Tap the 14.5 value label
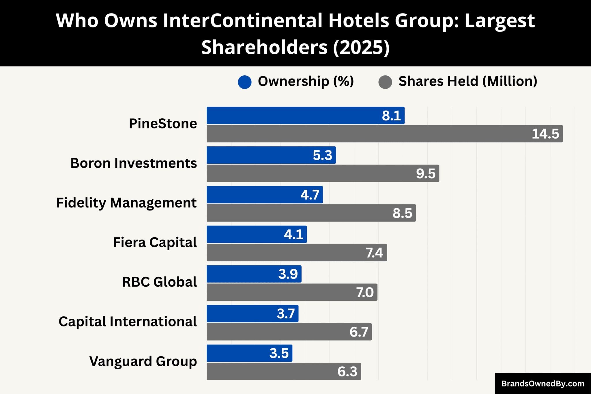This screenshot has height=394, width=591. point(545,134)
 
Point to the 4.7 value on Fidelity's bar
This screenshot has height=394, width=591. point(310,195)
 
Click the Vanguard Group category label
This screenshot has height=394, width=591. point(143,361)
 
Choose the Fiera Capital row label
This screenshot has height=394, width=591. point(155,242)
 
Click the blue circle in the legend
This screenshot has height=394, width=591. point(244,82)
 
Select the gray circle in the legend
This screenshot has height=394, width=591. point(385,82)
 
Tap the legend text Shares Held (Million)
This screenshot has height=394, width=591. point(468,81)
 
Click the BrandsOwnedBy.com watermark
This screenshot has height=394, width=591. point(543,384)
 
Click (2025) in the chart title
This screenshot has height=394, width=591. point(361,47)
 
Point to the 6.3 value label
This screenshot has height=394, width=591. point(347,371)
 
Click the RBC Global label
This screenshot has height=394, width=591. point(159,282)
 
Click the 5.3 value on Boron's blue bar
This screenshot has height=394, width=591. point(322,155)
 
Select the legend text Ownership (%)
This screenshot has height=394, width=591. point(306,81)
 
